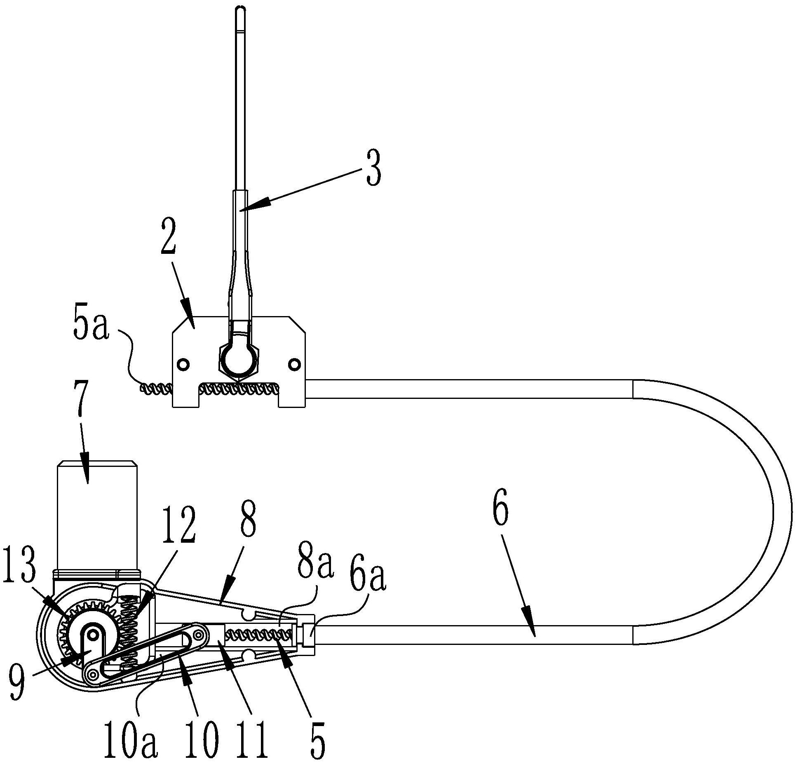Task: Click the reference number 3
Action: (373, 169)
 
